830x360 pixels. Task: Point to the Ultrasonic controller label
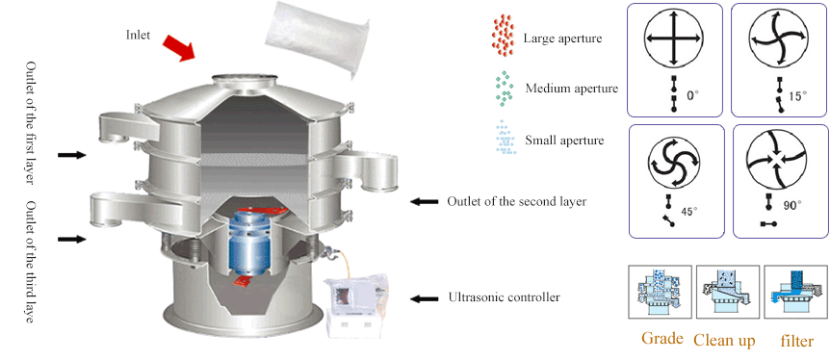[504, 297]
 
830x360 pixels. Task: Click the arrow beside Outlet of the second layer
[425, 201]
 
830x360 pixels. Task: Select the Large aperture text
[562, 39]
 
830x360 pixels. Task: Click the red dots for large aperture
[501, 35]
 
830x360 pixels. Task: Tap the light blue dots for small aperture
[502, 139]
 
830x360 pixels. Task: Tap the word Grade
[662, 339]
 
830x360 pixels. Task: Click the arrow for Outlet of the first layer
[71, 154]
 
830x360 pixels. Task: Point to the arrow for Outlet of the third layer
[71, 237]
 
